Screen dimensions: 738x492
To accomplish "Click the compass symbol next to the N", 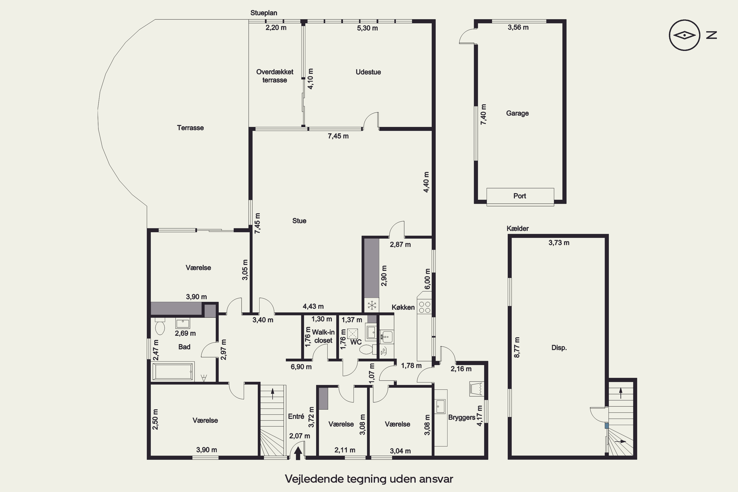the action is [684, 35].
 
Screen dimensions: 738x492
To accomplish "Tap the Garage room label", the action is [517, 113].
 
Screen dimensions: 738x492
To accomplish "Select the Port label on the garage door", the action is [520, 196].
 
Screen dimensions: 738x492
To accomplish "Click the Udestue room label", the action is [368, 72].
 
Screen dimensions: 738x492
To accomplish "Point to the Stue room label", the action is [299, 221].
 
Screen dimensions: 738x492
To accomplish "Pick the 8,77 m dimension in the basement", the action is [517, 347].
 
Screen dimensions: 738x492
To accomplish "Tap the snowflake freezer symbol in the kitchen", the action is [372, 305].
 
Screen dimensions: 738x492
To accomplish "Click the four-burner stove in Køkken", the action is [425, 307].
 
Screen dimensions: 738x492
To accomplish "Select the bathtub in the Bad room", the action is [173, 372].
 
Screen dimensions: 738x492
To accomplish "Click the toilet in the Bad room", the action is [160, 326].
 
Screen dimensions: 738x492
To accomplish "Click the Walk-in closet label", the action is [323, 336].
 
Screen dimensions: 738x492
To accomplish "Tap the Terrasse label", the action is [190, 128].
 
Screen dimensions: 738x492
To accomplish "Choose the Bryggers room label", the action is [461, 417].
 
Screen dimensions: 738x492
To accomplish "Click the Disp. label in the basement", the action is [559, 348].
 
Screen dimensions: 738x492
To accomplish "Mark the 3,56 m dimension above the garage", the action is [518, 27].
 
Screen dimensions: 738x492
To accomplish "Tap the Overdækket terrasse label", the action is [275, 76].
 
